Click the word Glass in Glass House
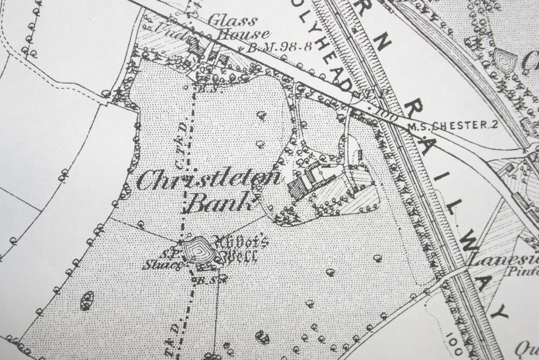tap(233, 21)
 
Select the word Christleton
tap(207, 181)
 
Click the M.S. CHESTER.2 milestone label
tap(452, 126)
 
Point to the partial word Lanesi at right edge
tap(502, 259)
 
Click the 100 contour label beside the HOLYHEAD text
tap(383, 114)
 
